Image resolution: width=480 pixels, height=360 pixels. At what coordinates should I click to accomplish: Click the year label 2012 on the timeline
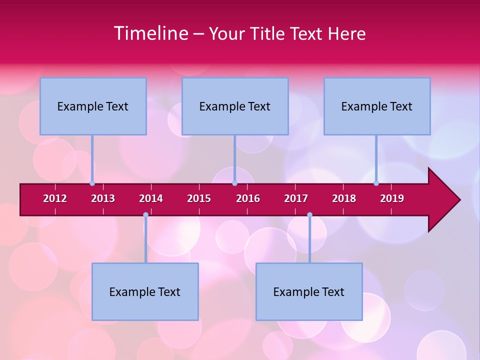tap(55, 198)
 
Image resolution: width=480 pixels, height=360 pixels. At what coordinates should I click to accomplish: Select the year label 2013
tap(103, 198)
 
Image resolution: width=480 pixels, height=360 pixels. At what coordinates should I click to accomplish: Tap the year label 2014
tap(151, 198)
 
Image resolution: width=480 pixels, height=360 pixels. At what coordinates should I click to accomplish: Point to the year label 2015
tap(199, 198)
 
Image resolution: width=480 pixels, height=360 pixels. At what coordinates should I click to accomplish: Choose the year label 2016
tap(248, 198)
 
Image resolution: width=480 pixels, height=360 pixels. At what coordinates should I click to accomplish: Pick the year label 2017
tap(296, 198)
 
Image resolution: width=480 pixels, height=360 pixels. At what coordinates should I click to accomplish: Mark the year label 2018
tap(344, 198)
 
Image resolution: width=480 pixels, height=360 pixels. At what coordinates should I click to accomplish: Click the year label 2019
tap(392, 198)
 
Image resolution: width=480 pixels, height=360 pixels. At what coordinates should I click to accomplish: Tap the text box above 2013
tap(93, 106)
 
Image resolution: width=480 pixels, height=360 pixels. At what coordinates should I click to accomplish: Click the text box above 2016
tap(235, 106)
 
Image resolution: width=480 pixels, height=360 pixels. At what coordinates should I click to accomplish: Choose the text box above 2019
tap(377, 106)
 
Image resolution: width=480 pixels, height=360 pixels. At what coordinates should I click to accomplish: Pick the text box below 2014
tap(145, 291)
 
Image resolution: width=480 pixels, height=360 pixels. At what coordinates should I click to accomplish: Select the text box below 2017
tap(309, 291)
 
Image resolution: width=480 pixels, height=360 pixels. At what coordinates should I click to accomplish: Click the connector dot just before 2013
tap(92, 183)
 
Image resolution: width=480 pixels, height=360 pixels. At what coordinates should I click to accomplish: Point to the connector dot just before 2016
tap(234, 183)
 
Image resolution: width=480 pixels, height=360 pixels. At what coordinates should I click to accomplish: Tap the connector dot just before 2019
tap(376, 183)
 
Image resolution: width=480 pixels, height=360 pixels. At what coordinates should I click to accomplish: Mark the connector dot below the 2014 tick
tap(145, 215)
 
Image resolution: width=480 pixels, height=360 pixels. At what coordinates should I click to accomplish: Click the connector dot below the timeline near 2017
tap(309, 215)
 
